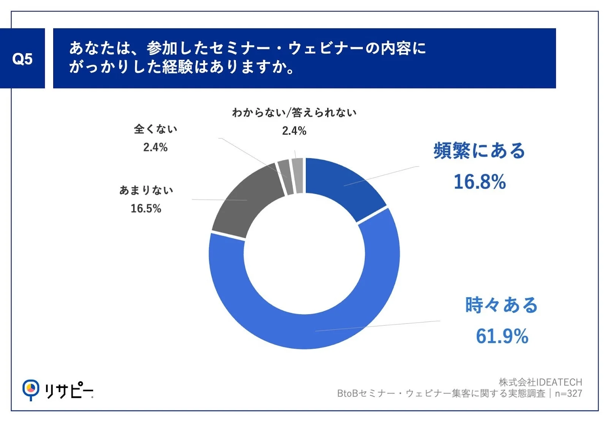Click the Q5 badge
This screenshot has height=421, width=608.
[x=22, y=59]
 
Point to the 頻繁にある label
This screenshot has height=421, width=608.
[x=479, y=151]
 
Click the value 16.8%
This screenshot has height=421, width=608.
[x=480, y=182]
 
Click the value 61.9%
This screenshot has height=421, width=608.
[x=502, y=336]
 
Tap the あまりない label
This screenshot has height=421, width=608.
[x=146, y=190]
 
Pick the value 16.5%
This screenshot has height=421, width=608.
[x=146, y=209]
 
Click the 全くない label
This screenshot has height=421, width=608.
[x=155, y=129]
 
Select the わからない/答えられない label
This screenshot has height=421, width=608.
[x=294, y=112]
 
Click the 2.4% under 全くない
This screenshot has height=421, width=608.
[x=155, y=147]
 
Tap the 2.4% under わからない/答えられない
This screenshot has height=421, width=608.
[x=294, y=131]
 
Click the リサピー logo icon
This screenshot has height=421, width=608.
[x=30, y=389]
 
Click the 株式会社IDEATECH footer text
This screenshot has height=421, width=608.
[x=540, y=382]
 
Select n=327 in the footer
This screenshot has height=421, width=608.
[x=568, y=393]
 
